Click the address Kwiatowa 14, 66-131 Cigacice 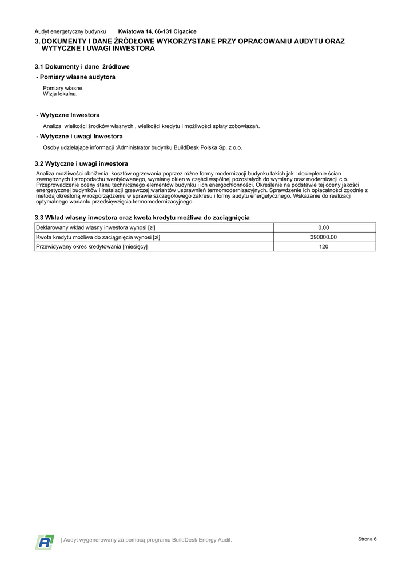(x=157, y=31)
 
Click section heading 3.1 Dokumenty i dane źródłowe (x=82, y=66)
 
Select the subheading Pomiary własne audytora (x=75, y=77)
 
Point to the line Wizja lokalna (x=60, y=94)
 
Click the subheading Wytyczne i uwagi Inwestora (x=79, y=136)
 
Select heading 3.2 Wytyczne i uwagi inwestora (x=81, y=163)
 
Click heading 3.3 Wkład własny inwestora (x=142, y=217)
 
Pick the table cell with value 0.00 (x=324, y=227)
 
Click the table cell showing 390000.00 (x=324, y=237)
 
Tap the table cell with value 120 (x=324, y=246)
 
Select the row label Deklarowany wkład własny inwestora (x=95, y=227)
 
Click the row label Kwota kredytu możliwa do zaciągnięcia (x=98, y=237)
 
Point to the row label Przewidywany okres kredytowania (x=91, y=246)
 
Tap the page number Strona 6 (x=367, y=539)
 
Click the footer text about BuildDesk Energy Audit (x=147, y=540)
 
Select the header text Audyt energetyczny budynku (x=70, y=31)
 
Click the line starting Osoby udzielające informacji (x=142, y=147)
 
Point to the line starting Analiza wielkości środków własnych (x=151, y=126)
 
